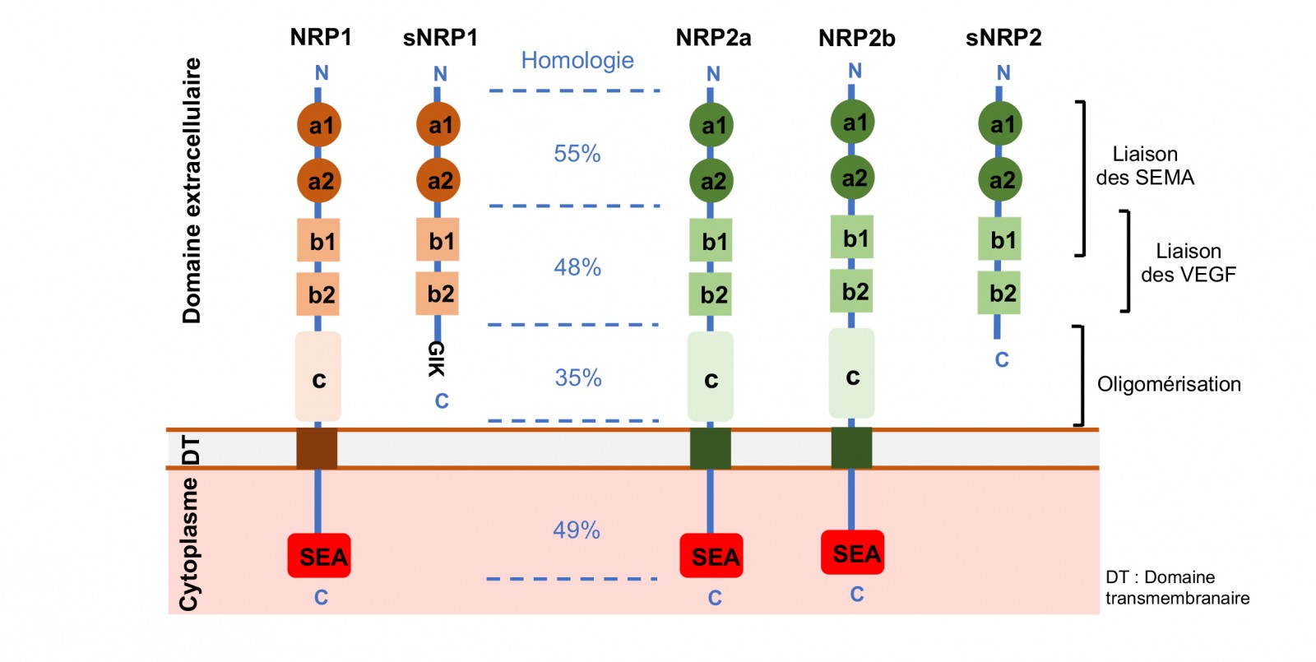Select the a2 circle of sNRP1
pos(438,180)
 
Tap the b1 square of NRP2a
pos(711,240)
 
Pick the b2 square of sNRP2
pos(999,293)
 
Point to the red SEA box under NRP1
pos(319,556)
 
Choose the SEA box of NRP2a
pos(711,556)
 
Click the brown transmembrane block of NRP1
pos(317,449)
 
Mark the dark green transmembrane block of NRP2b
pos(852,448)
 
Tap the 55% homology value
pos(577,154)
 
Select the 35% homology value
pos(578,377)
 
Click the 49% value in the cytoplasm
pos(577,530)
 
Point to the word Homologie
pos(577,60)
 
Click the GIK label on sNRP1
pos(437,359)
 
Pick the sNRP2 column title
pos(1003,38)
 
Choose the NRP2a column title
pos(713,38)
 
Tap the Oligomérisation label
pos(1169,384)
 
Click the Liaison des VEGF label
pos(1189,262)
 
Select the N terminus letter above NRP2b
pos(855,71)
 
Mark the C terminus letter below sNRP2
pos(1002,359)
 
